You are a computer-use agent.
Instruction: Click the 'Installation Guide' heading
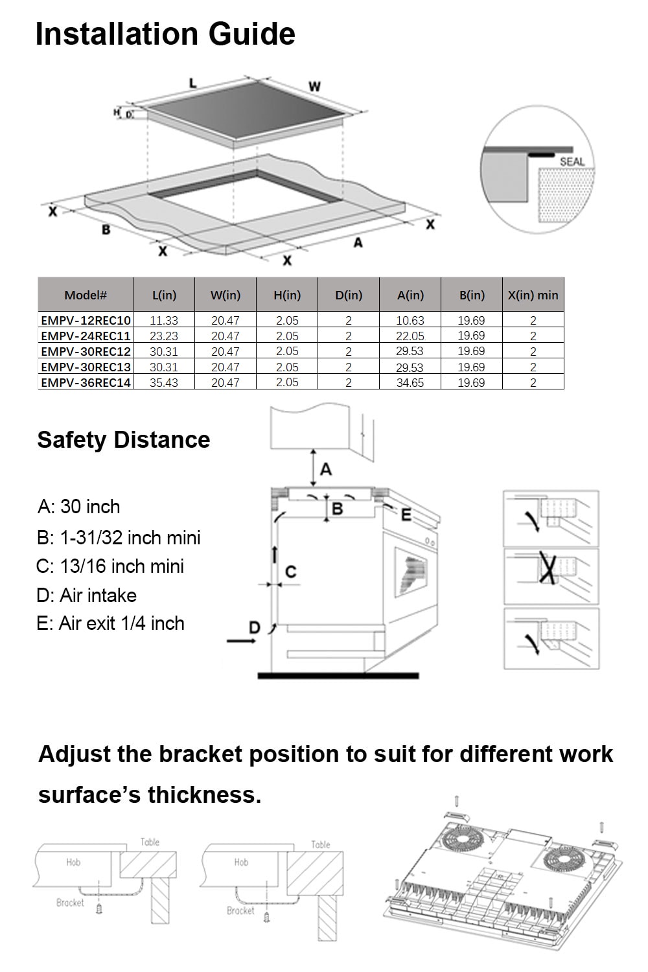[x=165, y=34]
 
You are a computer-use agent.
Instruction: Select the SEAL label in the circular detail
[x=572, y=161]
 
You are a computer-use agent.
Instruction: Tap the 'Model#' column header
[x=86, y=295]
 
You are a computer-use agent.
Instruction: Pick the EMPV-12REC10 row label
[x=86, y=320]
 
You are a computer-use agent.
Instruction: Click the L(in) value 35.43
[x=163, y=382]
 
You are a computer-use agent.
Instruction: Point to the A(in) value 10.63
[x=410, y=320]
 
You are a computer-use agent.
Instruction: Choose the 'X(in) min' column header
[x=533, y=295]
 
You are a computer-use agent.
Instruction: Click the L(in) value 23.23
[x=163, y=336]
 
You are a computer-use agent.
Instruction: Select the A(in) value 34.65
[x=410, y=382]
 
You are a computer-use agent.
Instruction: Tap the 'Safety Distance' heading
[x=124, y=439]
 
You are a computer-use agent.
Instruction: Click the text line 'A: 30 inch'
[x=79, y=506]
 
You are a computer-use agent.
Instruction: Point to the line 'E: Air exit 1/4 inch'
[x=111, y=623]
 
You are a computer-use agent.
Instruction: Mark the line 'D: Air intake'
[x=87, y=595]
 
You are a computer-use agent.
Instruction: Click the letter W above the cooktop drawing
[x=314, y=86]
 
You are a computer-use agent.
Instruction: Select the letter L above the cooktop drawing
[x=192, y=83]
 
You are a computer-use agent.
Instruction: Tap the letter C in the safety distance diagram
[x=291, y=572]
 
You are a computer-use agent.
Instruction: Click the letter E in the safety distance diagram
[x=406, y=515]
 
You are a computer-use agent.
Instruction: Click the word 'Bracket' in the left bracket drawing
[x=70, y=902]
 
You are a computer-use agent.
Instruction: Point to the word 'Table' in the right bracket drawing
[x=321, y=844]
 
